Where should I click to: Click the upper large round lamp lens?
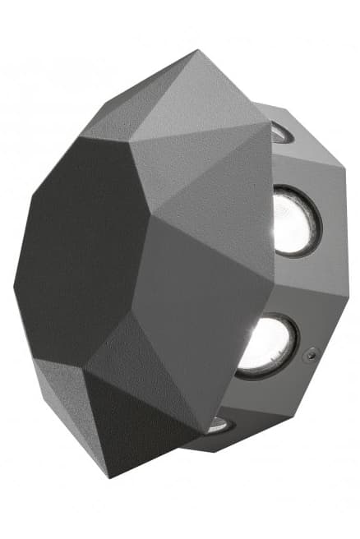click(x=294, y=221)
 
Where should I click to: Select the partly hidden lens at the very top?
click(x=279, y=132)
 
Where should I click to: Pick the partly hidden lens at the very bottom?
click(x=218, y=425)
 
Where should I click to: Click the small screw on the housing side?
click(x=311, y=355)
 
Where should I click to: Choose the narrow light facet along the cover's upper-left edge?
click(x=99, y=123)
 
